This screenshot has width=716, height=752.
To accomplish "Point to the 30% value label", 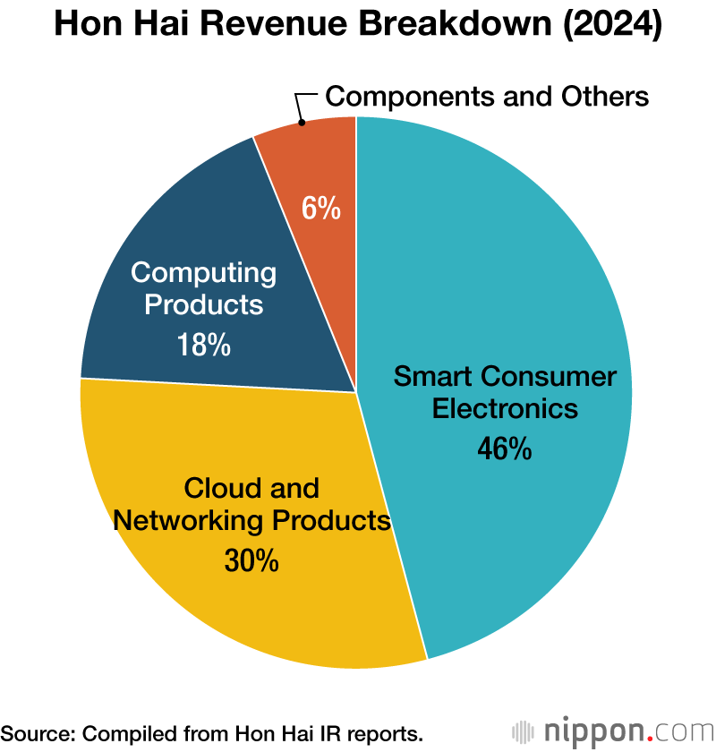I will point(251,561).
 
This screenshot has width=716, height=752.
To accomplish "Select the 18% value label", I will point(204,345).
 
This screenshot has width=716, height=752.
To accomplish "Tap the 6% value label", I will point(320,209).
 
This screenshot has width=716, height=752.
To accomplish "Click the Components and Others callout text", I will point(487,96).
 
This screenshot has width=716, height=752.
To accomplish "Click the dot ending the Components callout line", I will point(302,122).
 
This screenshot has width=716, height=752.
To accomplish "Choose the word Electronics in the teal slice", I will point(505,408).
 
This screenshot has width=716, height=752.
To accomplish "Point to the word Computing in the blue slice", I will point(204,272).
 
